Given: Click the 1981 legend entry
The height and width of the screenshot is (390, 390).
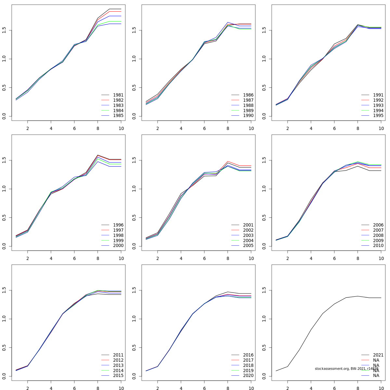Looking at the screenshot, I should [x=118, y=95].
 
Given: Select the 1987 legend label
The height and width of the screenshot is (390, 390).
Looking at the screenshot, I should [x=248, y=100].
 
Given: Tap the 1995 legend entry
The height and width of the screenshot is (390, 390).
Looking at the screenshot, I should [x=378, y=116].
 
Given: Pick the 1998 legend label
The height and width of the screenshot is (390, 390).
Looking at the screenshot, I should [x=118, y=235].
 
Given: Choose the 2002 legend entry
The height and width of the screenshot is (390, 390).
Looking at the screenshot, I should [x=248, y=230].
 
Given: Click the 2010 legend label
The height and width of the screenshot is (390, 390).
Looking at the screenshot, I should [x=378, y=246].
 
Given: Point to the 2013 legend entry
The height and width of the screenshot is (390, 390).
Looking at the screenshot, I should [x=118, y=365].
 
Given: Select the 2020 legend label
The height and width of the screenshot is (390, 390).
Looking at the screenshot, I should [x=248, y=376].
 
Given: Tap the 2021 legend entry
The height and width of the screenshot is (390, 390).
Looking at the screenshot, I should [x=378, y=355].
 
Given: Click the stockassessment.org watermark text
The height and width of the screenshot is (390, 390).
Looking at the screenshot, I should [x=346, y=369].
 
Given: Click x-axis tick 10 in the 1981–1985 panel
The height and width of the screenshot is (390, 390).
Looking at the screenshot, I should [x=121, y=128].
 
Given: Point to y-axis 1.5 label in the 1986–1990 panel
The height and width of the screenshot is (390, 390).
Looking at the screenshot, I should [x=134, y=31].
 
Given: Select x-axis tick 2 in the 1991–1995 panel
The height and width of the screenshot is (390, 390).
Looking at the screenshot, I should [x=288, y=128].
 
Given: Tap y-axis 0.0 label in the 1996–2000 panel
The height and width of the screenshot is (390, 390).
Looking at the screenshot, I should [x=4, y=246].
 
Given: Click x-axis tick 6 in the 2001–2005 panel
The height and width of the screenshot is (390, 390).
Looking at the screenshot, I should [x=204, y=258].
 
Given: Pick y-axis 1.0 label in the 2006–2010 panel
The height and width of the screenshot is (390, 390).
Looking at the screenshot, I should [x=264, y=189].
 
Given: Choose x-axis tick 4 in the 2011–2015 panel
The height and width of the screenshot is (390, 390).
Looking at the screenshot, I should [x=51, y=388].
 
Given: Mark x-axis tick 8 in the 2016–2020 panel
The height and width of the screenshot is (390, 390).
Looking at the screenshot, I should [x=228, y=388].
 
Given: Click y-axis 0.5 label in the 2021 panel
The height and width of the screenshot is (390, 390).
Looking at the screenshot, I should [x=264, y=348].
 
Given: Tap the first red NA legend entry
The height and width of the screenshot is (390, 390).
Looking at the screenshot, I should [x=376, y=360].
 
